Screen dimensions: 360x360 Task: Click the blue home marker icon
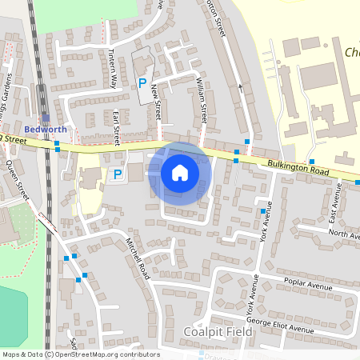179,173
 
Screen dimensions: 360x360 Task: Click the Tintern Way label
113,66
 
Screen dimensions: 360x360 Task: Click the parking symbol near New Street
142,82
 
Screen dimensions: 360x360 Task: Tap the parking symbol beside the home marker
118,174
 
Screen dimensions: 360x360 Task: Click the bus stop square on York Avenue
262,211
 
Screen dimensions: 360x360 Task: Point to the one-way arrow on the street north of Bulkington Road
240,86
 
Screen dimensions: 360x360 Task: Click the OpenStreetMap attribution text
80,354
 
